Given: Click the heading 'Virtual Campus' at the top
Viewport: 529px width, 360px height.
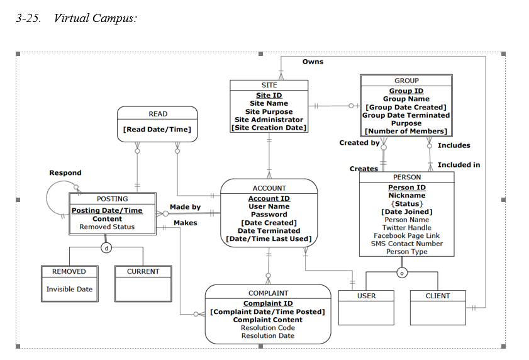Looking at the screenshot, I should (94, 18).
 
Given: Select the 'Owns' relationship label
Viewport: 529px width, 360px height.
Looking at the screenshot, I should (313, 62).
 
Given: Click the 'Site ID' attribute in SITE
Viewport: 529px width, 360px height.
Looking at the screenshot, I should (269, 95).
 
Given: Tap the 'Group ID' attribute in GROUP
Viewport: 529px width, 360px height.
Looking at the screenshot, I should (406, 91).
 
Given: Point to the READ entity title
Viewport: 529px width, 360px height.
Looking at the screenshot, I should (158, 114).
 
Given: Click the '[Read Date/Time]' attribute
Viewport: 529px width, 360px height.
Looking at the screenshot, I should (157, 130).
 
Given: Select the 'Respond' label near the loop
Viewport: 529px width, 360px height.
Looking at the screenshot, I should (65, 172).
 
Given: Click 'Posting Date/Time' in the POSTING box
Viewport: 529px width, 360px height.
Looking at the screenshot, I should (107, 210).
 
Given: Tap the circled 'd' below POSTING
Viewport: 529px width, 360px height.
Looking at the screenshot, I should (106, 248).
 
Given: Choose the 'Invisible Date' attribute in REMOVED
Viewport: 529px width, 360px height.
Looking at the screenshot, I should (69, 290).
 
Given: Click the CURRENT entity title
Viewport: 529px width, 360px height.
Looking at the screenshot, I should (143, 272).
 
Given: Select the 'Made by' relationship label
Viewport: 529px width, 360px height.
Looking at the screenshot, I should (185, 207).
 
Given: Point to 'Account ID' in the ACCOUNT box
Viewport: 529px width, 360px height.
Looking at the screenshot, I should (269, 198).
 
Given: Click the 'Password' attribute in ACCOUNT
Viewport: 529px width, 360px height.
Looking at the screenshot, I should (269, 215).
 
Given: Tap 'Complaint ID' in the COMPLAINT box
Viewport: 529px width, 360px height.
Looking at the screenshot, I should (267, 303).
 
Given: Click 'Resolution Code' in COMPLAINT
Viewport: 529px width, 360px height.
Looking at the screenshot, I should (267, 328).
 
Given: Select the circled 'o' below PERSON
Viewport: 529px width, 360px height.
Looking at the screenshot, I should (401, 273).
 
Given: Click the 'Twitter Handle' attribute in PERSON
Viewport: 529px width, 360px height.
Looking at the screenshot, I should (406, 228).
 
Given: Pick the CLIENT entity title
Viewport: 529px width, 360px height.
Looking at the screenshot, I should (438, 296).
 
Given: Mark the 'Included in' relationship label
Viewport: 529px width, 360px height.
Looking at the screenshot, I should (459, 165).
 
